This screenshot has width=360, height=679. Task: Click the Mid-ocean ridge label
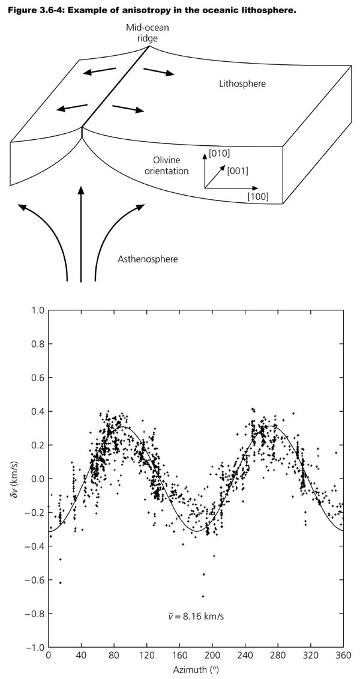pos(142,33)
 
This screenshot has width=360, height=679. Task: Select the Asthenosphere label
pos(145,259)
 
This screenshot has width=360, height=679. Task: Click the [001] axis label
pos(238,171)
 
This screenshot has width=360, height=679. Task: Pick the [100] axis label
pos(257,196)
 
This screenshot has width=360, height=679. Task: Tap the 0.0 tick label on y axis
pos(37,478)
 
